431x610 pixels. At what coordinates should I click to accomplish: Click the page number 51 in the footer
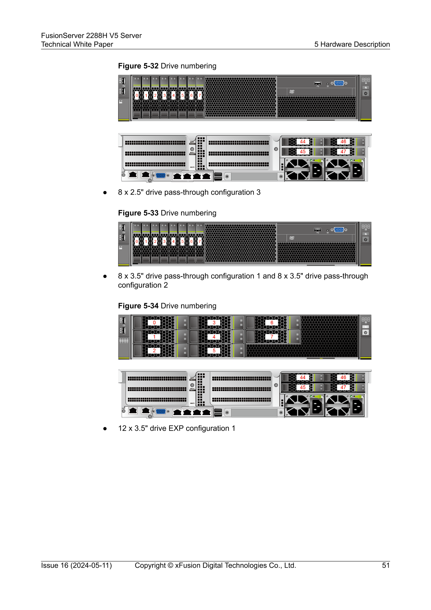[386, 565]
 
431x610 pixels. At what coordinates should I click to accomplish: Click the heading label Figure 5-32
[138, 66]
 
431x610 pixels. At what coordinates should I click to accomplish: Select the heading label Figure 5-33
[138, 213]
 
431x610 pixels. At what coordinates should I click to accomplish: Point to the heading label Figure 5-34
[138, 306]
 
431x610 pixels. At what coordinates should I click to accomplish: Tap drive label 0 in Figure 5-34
[154, 323]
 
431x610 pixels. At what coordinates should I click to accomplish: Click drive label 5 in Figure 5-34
[214, 350]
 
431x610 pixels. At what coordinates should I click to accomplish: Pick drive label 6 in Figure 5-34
[272, 323]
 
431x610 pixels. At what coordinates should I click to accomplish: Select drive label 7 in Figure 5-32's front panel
[200, 95]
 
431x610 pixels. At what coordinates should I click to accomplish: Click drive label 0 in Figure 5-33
[137, 241]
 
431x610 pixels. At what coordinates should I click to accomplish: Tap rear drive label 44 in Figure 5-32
[303, 142]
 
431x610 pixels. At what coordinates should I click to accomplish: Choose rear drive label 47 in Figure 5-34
[343, 387]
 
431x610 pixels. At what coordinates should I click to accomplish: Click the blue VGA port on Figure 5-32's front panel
[339, 83]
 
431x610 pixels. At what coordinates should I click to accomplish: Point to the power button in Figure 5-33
[365, 239]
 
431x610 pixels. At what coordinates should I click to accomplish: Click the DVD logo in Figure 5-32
[292, 92]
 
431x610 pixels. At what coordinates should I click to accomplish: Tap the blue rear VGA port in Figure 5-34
[160, 411]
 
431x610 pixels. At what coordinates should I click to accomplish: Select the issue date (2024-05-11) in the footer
[91, 565]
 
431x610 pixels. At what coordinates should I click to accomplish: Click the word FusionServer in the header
[63, 36]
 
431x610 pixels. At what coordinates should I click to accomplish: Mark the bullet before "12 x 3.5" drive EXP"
[105, 429]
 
